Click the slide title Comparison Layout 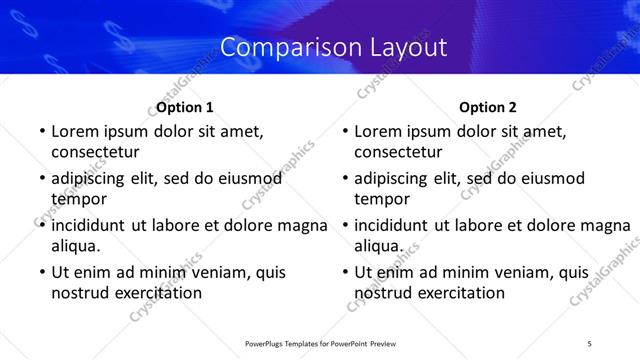(333, 47)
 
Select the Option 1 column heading (185, 107)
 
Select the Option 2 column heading (488, 107)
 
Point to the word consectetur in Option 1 (95, 152)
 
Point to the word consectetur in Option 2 (398, 152)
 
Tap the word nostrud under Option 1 (79, 292)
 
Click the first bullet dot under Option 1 (40, 132)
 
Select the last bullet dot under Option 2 (344, 273)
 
